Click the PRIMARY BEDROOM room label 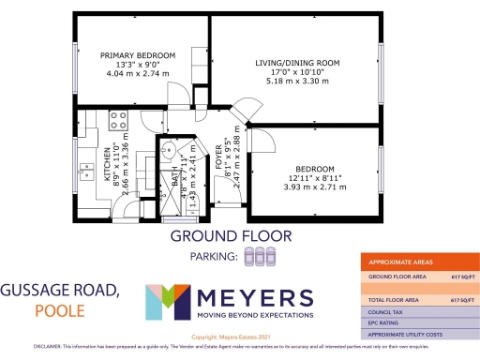(139, 55)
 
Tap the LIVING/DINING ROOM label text (297, 63)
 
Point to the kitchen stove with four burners (118, 121)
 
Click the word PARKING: (209, 255)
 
